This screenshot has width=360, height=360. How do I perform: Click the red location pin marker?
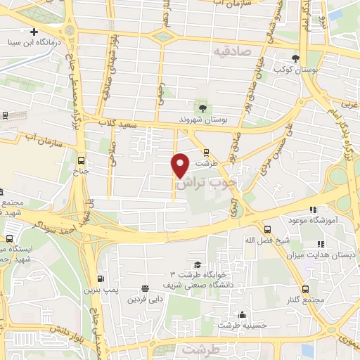[x=181, y=165]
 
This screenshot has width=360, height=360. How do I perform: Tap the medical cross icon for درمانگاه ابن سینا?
[x=34, y=32]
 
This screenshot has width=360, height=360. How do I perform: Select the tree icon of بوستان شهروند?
[x=202, y=108]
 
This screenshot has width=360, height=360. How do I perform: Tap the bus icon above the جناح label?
[x=82, y=160]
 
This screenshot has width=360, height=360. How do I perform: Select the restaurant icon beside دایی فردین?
[x=145, y=288]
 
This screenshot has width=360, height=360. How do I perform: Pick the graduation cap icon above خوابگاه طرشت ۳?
[x=198, y=264]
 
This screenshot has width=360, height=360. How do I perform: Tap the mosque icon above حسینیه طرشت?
[x=243, y=314]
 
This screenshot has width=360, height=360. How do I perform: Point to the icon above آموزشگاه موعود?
[x=313, y=210]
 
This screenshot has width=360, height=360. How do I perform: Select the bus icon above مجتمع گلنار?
[x=305, y=289]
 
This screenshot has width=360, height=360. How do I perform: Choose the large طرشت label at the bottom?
[x=200, y=349]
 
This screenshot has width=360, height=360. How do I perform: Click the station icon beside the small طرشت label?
[x=205, y=152]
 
